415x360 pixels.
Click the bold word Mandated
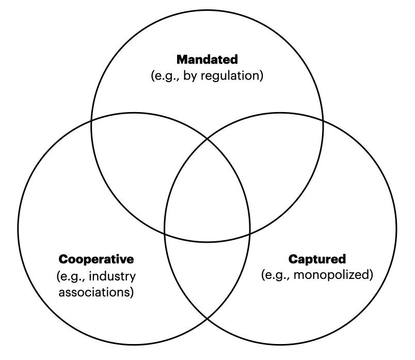point(207,60)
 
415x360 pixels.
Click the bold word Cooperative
point(96,259)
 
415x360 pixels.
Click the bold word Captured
point(317,259)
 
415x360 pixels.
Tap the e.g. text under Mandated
point(165,76)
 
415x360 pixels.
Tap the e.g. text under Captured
point(277,274)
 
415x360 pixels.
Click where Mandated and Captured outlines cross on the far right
point(323,121)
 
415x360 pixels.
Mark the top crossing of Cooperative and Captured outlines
point(207,138)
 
